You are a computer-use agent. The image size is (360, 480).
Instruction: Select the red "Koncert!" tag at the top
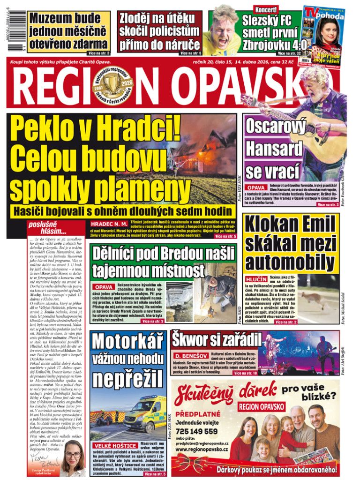click(x=266, y=9)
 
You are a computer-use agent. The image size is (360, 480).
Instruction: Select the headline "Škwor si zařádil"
click(x=216, y=339)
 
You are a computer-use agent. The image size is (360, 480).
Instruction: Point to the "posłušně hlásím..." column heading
click(x=47, y=228)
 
